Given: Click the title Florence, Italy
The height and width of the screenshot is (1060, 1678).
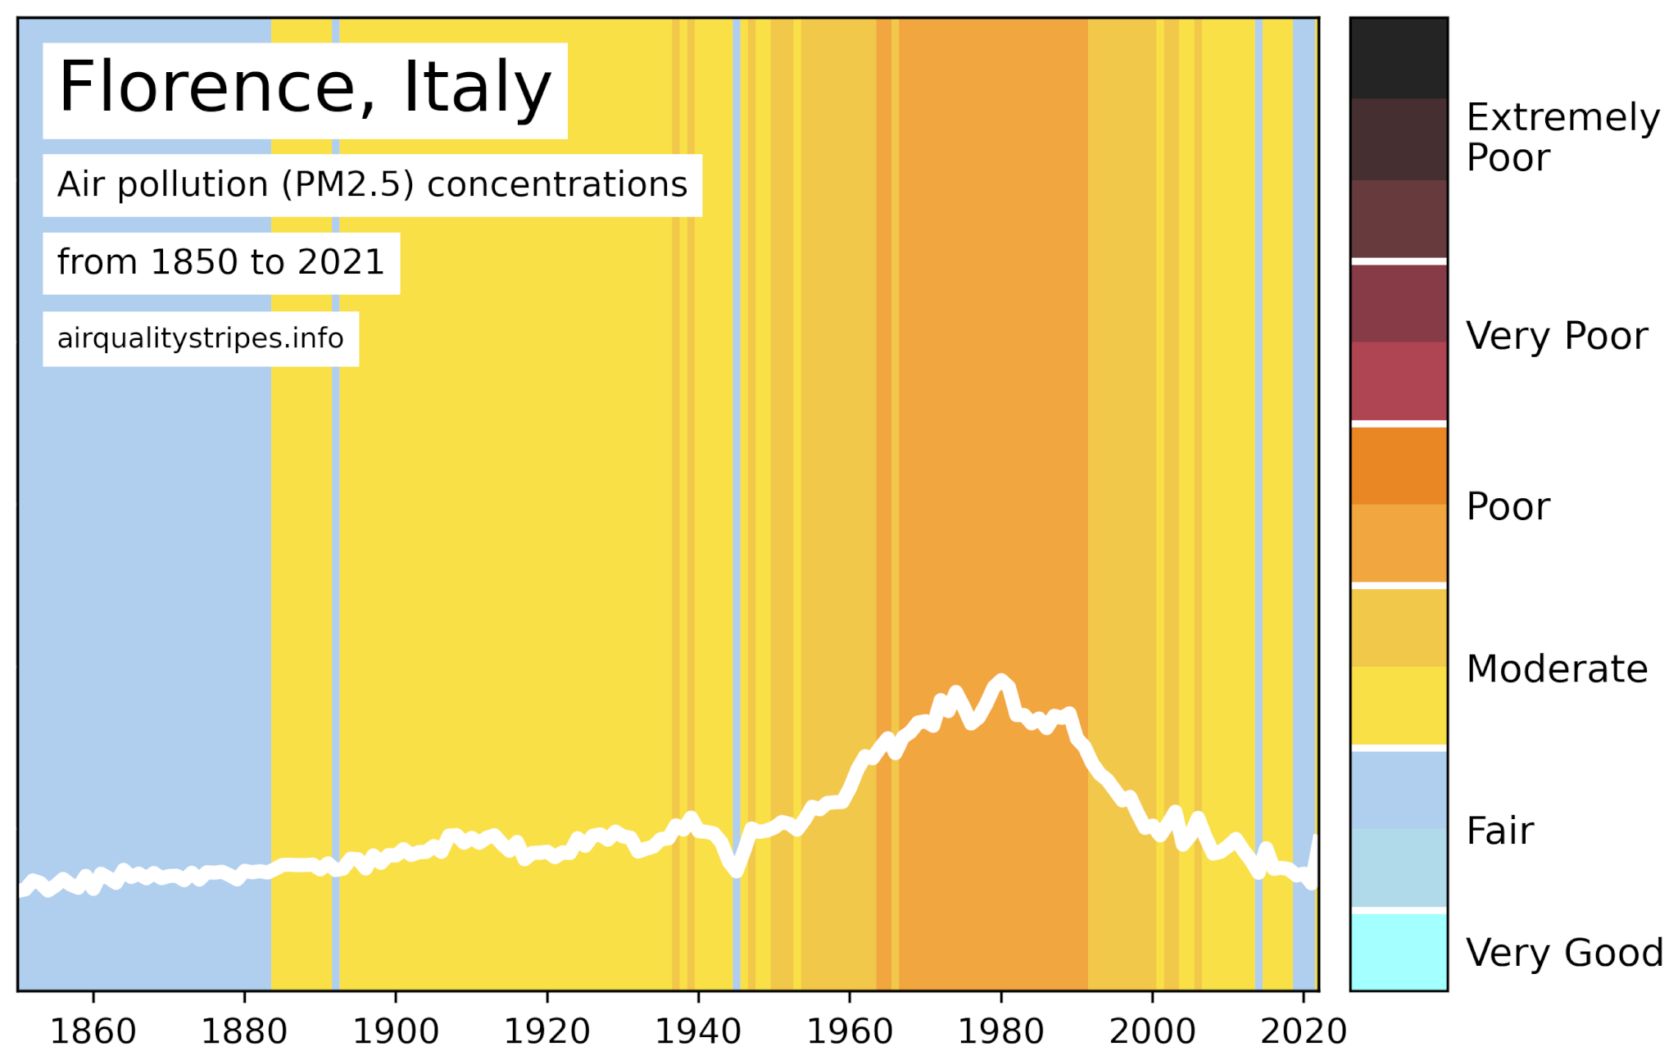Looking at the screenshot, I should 305,88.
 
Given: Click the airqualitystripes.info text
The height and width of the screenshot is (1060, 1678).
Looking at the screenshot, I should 201,338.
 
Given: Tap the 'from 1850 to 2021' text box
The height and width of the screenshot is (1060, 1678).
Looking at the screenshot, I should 221,263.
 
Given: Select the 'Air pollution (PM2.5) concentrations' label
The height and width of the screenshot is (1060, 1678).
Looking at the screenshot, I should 372,185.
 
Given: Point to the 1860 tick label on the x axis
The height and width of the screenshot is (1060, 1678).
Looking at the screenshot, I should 93,1031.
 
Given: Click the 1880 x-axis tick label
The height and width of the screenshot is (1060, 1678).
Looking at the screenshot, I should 244,1031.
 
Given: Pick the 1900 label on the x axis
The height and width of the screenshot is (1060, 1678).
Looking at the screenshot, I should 396,1031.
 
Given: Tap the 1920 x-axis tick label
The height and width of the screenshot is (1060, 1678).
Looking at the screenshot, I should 547,1031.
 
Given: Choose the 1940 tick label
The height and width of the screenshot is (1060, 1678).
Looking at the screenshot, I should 698,1031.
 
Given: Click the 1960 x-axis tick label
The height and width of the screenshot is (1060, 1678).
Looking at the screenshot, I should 850,1031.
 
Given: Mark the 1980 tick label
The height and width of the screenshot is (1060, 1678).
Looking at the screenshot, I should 1001,1031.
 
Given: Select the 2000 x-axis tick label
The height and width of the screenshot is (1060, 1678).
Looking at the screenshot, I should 1152,1031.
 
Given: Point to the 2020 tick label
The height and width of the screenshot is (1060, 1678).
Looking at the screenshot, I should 1304,1031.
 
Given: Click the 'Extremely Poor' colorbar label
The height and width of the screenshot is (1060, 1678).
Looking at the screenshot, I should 1562,138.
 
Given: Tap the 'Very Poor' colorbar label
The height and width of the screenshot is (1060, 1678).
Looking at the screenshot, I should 1557,337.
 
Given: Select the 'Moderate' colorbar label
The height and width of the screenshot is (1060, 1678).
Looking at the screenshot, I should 1557,669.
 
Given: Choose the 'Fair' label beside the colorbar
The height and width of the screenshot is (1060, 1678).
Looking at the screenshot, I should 1499,831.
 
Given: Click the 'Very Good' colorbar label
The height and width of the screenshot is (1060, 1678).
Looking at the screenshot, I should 1564,954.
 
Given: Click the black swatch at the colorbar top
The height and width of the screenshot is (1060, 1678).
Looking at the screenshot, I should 1399,57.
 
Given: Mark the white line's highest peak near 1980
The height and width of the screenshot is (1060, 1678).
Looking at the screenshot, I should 1000,680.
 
